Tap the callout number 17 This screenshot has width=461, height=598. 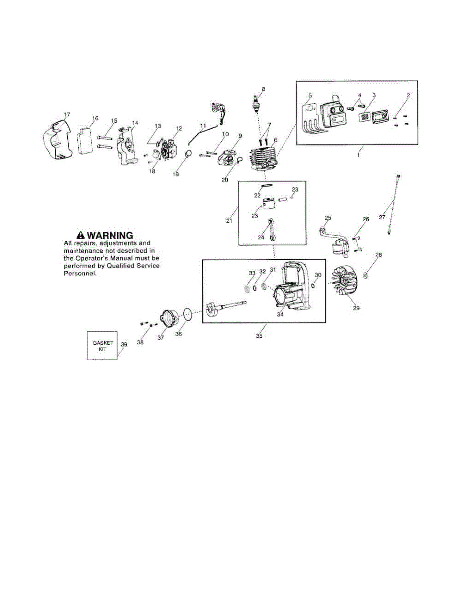(67, 115)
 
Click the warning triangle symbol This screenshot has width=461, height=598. (80, 235)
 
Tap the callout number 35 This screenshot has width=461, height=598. (259, 336)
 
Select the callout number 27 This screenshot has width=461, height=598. (382, 217)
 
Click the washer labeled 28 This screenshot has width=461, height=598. (365, 275)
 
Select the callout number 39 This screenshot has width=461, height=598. (124, 344)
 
